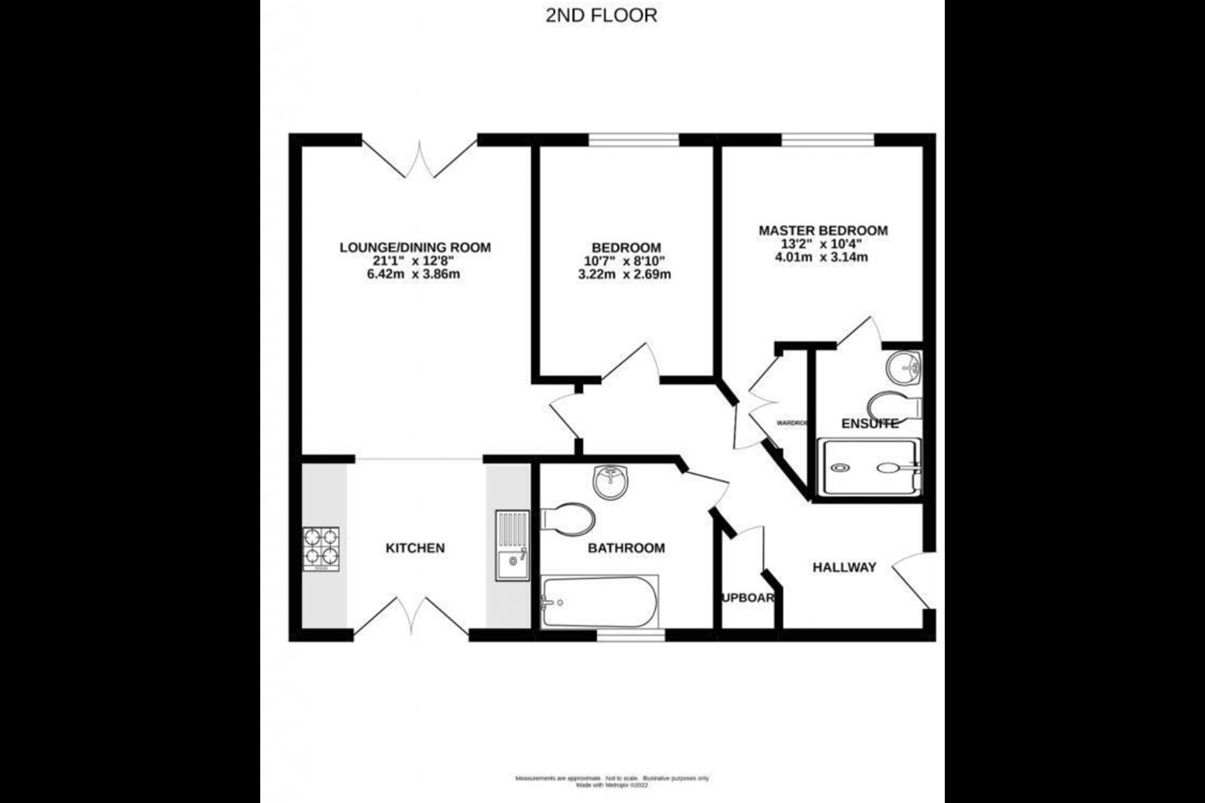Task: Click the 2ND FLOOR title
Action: (x=602, y=16)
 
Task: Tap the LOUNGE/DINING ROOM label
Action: (x=415, y=248)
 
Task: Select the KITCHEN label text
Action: (x=415, y=549)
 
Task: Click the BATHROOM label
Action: (x=626, y=549)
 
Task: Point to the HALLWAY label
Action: (x=844, y=567)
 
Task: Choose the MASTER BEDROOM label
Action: (x=823, y=231)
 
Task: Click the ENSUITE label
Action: (x=870, y=424)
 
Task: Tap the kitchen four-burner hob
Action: (x=320, y=549)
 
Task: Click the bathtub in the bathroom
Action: (x=599, y=601)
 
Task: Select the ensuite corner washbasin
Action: (x=905, y=366)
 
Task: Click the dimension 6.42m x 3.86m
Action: (x=415, y=274)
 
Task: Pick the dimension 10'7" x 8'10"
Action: (x=626, y=261)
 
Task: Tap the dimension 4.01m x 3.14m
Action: (x=823, y=258)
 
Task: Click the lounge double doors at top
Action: (x=420, y=159)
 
